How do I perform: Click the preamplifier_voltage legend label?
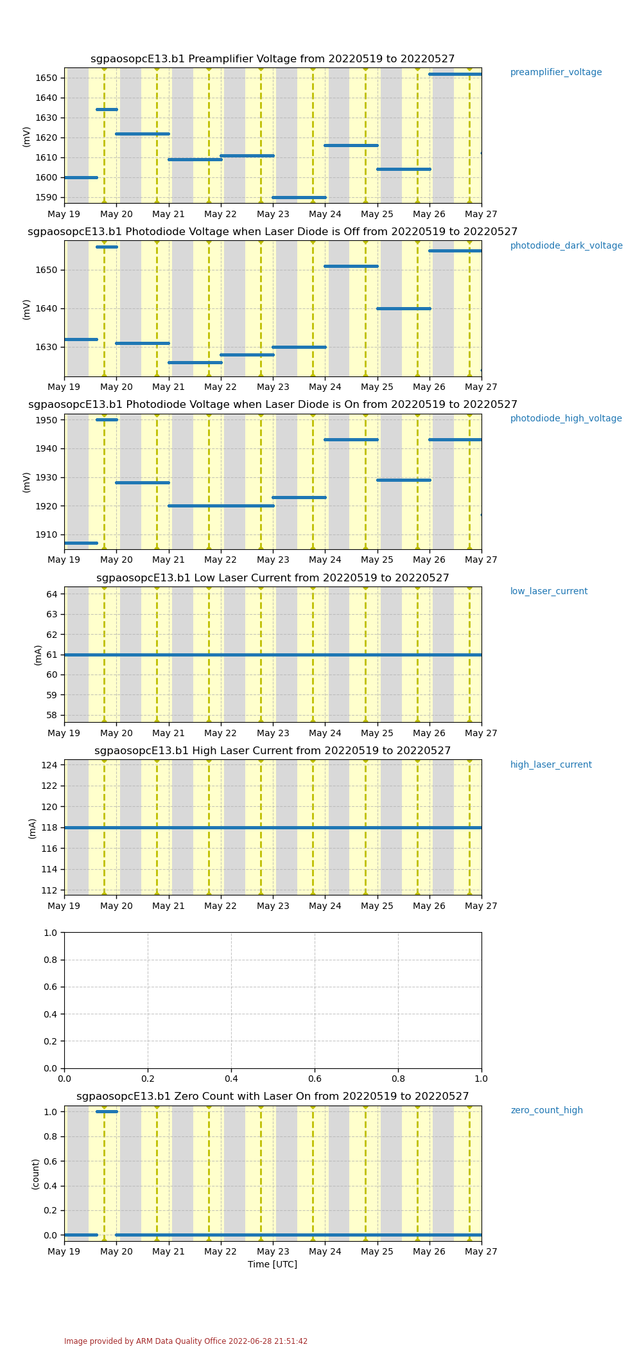tap(556, 73)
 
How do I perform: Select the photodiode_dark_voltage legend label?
tap(566, 246)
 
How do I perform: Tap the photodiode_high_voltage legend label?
tap(566, 419)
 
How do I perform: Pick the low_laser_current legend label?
tap(549, 592)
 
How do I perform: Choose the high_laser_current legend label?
tap(551, 765)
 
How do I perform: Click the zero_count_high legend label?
tap(547, 1111)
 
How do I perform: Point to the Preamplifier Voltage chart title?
tap(273, 59)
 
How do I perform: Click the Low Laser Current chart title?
tap(273, 578)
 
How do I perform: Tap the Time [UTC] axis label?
tap(273, 1264)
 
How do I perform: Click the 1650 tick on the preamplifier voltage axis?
tap(47, 78)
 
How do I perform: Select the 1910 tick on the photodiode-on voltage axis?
tap(47, 534)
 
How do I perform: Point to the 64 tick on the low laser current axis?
tap(52, 594)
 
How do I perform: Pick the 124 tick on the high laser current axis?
tap(49, 765)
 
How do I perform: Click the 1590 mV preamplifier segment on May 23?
tap(299, 197)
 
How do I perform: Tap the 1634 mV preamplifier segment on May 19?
tap(107, 109)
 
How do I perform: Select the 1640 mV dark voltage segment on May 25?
tap(404, 308)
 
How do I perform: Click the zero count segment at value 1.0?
tap(107, 1111)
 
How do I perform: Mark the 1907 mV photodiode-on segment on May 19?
tap(81, 543)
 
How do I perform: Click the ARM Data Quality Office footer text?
tap(186, 1341)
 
